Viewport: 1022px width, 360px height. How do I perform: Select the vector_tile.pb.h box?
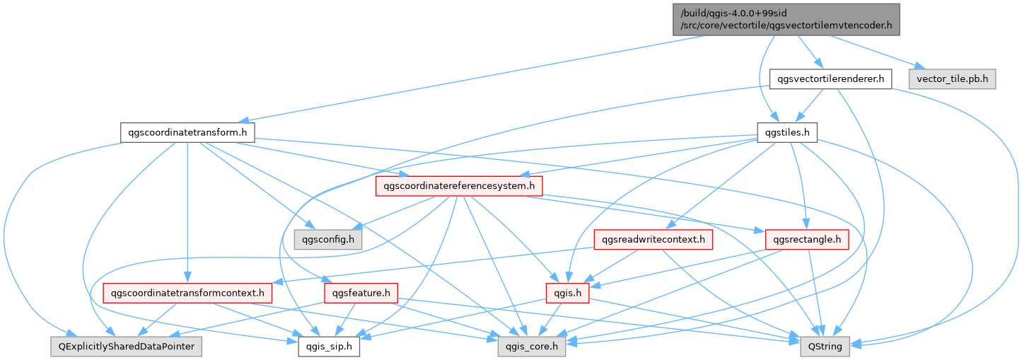click(951, 79)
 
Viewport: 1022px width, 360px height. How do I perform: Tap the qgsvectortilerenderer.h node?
click(830, 79)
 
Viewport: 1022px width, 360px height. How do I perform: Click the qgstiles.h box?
click(787, 132)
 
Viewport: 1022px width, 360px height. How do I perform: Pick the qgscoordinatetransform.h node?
click(187, 132)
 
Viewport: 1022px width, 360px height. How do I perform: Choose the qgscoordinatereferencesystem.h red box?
click(459, 186)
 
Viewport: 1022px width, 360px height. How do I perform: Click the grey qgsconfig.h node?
click(328, 240)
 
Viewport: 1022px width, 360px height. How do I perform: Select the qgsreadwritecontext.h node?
click(653, 240)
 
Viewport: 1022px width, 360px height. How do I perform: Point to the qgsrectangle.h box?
click(807, 240)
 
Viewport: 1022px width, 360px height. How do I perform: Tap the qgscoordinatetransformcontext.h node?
click(187, 292)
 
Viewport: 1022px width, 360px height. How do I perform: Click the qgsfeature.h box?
click(361, 292)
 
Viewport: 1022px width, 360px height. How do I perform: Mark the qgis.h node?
click(567, 292)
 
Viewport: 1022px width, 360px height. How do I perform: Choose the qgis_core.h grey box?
click(526, 346)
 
